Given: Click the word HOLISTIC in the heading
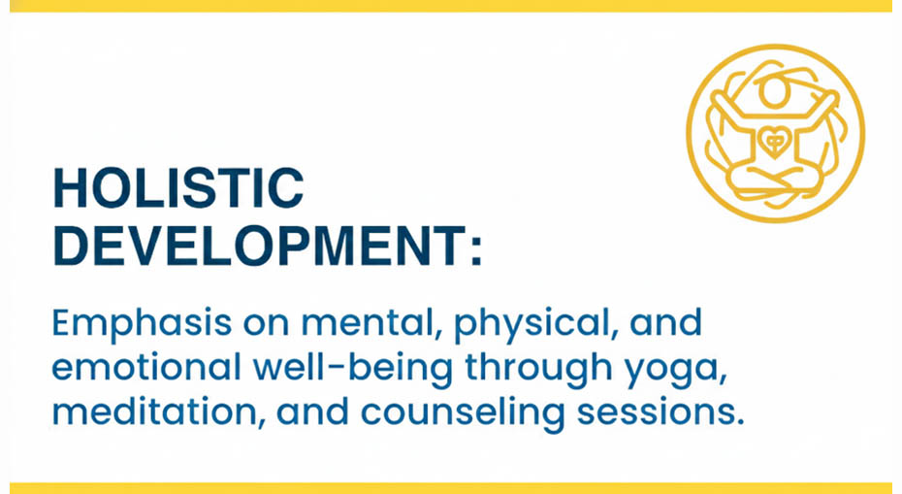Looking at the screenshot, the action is (x=178, y=188).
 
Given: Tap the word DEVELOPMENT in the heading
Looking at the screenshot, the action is (x=259, y=246).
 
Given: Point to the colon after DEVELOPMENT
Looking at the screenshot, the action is (x=476, y=251).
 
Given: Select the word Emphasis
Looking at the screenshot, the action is (x=142, y=324).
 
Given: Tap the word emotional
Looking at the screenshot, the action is (x=146, y=367).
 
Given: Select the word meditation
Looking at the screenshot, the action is (x=159, y=412).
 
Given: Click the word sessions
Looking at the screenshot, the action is (x=660, y=412).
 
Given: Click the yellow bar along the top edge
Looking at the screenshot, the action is (x=451, y=6).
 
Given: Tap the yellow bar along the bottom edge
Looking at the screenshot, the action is (x=451, y=488).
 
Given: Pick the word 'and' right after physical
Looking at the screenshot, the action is (x=666, y=322).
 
